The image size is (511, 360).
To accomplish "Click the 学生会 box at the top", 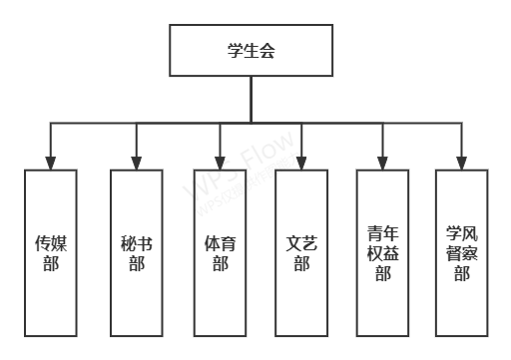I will (251, 51).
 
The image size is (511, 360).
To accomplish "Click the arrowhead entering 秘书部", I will (136, 163).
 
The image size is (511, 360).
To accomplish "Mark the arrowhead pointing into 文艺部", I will (300, 163).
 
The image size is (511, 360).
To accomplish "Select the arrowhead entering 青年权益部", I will (381, 163).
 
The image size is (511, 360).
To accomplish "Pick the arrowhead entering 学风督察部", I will (461, 163).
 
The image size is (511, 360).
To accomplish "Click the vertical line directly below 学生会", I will (251, 100).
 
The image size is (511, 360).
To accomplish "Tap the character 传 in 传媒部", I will (43, 242).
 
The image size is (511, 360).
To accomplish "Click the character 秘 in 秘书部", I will (127, 242).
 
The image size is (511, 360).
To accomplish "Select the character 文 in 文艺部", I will (292, 242).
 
